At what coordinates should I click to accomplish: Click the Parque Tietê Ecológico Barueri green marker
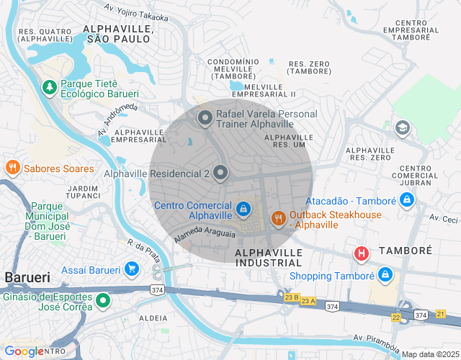click(50, 87)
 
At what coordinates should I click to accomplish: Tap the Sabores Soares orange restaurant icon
click(12, 168)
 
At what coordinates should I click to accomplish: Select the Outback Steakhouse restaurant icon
click(278, 218)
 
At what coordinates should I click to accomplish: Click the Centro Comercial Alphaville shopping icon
click(244, 209)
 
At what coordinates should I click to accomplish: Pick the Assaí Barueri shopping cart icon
click(131, 269)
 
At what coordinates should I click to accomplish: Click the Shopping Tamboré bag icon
click(385, 275)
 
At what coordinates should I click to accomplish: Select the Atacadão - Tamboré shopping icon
click(407, 200)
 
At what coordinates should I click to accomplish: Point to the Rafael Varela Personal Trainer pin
click(205, 119)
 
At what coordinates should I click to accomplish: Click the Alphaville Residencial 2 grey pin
click(220, 173)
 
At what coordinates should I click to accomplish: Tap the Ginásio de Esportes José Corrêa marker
click(103, 301)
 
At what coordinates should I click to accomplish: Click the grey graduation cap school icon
click(403, 128)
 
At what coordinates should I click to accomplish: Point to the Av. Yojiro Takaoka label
click(136, 13)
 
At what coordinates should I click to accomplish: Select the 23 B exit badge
click(291, 297)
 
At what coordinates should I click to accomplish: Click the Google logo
click(23, 351)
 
